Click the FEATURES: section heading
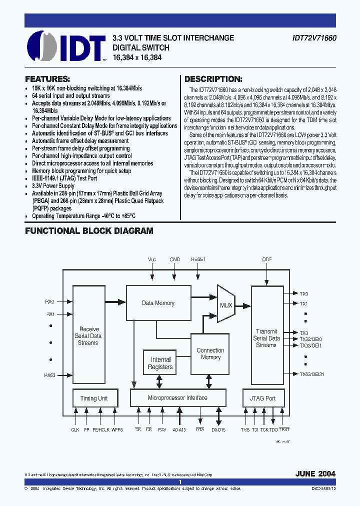point(47,79)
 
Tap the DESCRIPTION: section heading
point(213,79)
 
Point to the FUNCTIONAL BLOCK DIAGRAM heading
point(89,231)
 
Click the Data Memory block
point(158,303)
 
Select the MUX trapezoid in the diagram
point(226,304)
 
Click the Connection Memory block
point(210,353)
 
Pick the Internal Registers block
point(160,363)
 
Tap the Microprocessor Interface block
point(177,398)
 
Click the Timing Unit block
point(93,398)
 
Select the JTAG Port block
point(263,398)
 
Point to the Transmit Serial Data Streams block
point(266,338)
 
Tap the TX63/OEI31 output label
point(311,374)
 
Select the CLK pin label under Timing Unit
point(75,429)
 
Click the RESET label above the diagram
point(198,259)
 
